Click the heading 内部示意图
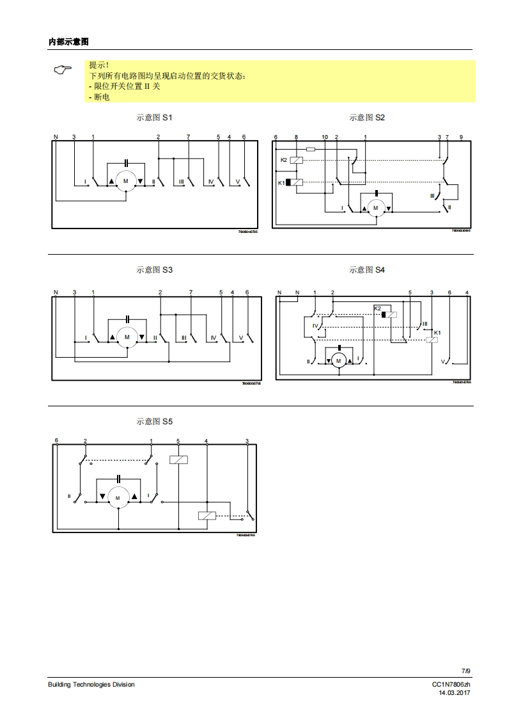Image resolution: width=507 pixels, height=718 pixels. pos(68,42)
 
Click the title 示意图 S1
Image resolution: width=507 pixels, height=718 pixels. pos(154,118)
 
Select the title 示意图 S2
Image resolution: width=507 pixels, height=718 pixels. pos(367,118)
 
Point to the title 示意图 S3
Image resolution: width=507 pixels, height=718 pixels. pos(154,270)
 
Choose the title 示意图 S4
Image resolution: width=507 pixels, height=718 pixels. pos(367,270)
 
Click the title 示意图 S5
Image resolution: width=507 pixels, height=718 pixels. pos(154,422)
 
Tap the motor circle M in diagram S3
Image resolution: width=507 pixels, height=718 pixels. pos(127,337)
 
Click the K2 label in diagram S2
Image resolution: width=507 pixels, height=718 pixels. pos(284,160)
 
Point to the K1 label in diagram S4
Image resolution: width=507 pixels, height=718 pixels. pos(437,333)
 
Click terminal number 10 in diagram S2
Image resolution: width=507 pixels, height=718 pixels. pos(325,138)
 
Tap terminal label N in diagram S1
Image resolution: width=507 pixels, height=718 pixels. pos(56,138)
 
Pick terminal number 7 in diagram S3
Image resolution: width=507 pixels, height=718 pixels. pos(191,292)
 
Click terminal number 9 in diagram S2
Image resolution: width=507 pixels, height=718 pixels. pos(461,138)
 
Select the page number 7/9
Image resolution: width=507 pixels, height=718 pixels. pos(465,671)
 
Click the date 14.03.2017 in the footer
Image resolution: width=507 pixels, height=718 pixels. pos(455,692)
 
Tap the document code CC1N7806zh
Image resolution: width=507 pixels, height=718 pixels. pos(451,684)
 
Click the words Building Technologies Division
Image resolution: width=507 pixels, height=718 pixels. pos(91,684)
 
